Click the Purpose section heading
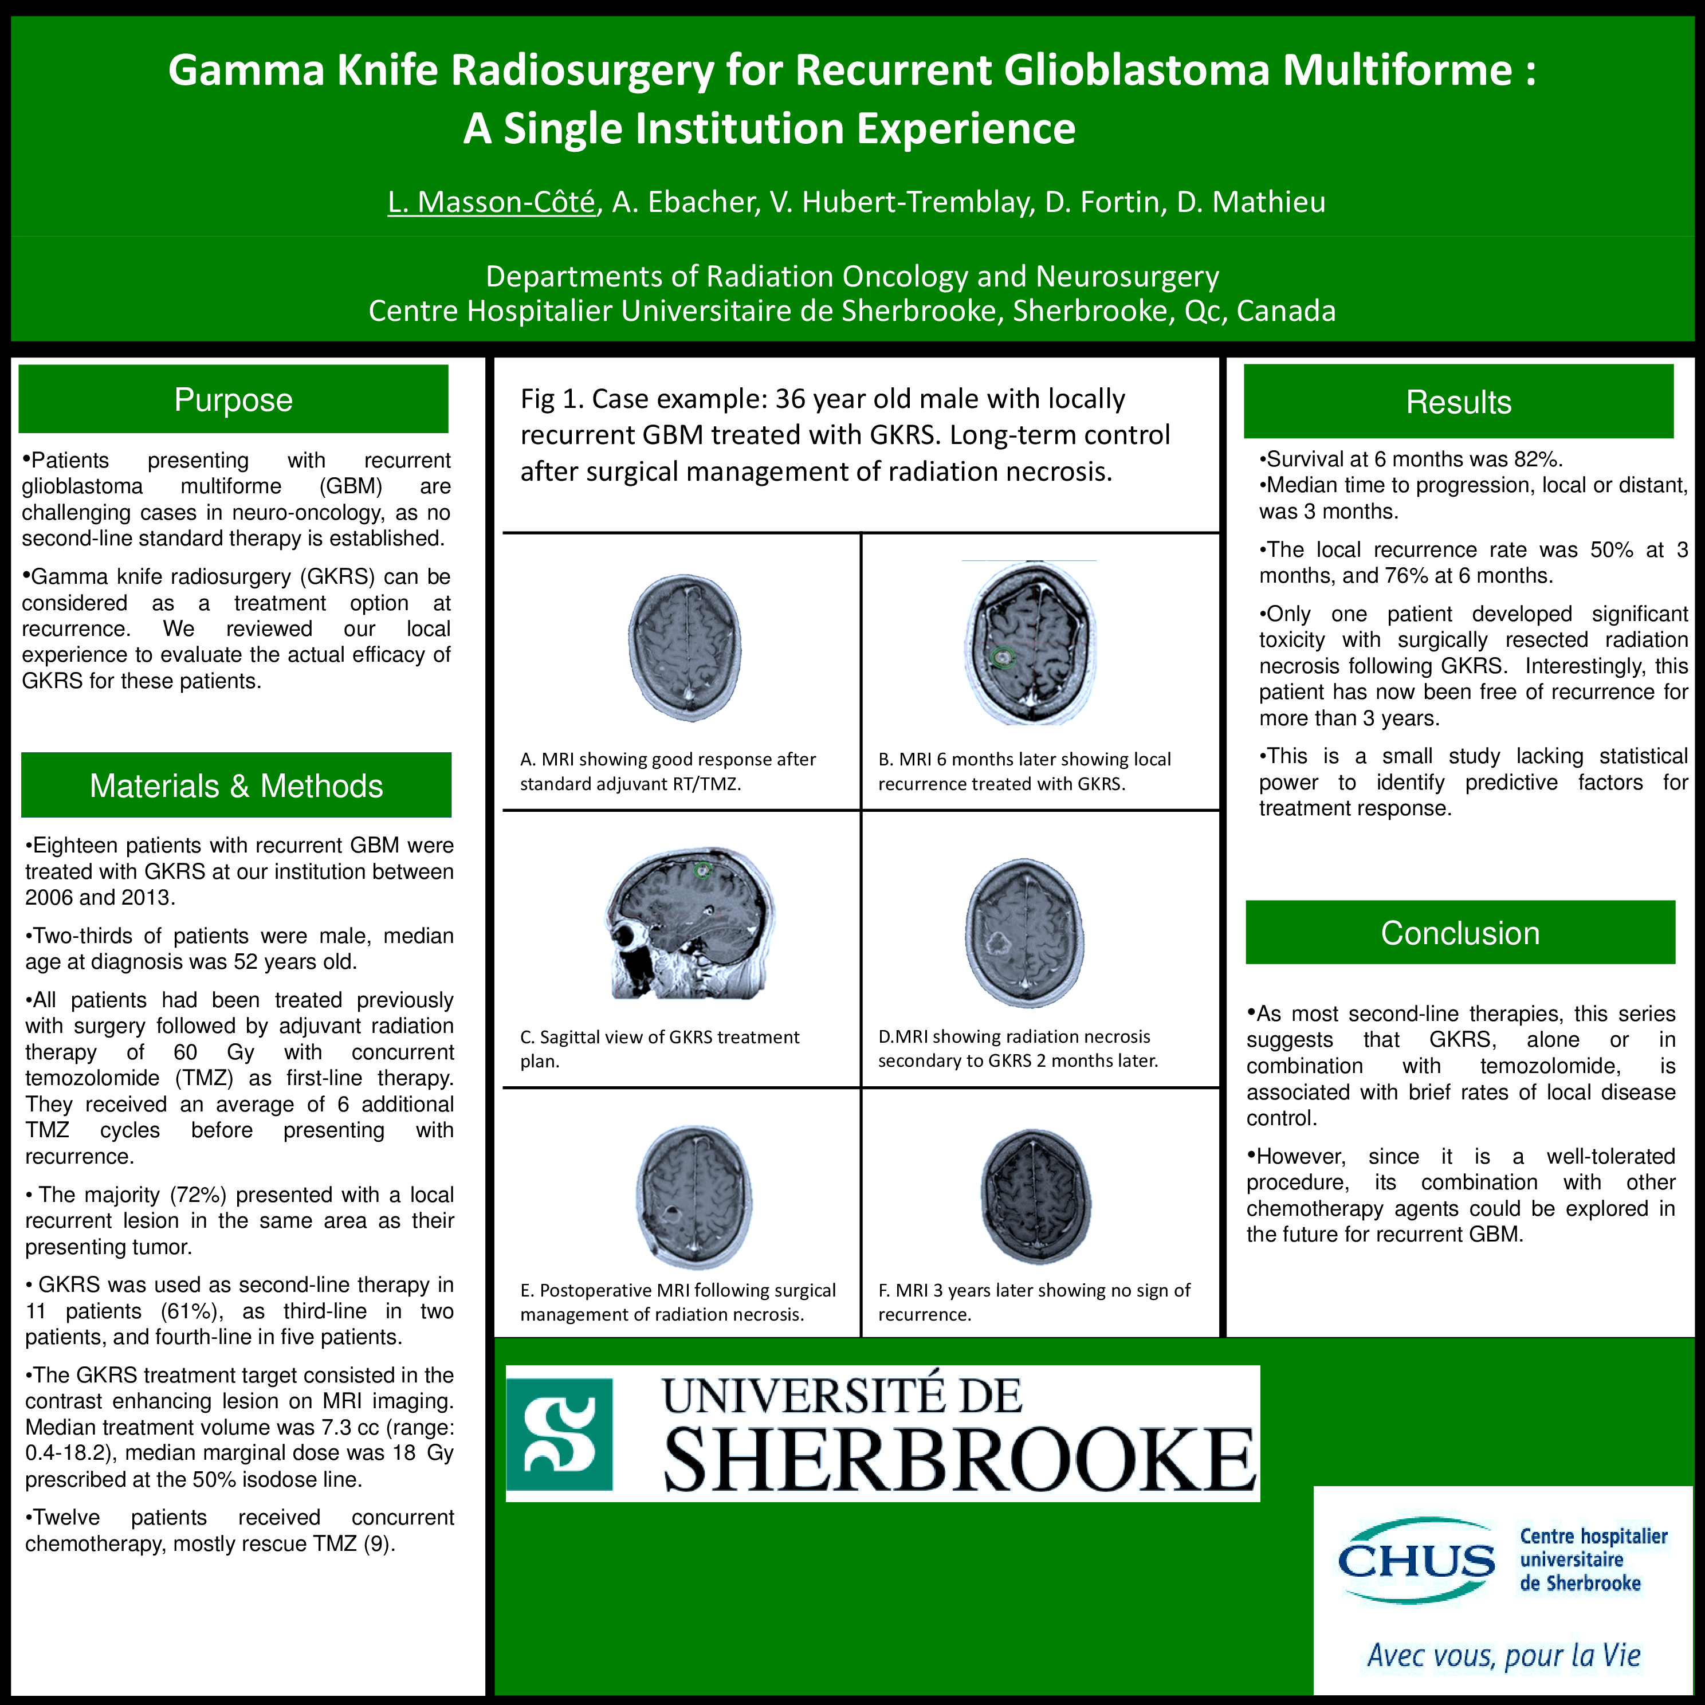233,400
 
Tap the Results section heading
1458,402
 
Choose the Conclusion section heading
1460,933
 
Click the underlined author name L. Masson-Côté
492,202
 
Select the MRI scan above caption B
1030,642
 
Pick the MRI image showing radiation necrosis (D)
1024,932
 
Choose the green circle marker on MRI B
1001,657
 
